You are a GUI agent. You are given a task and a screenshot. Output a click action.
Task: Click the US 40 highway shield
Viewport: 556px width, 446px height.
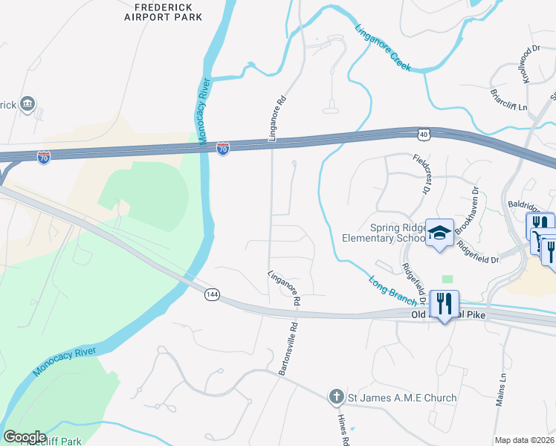click(x=423, y=134)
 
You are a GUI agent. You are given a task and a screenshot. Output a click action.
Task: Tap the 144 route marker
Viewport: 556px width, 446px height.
click(x=212, y=295)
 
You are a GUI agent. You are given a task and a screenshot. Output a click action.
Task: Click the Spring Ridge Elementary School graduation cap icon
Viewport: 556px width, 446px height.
click(x=439, y=233)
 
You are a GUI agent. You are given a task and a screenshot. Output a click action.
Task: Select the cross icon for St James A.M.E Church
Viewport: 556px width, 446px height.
click(x=336, y=397)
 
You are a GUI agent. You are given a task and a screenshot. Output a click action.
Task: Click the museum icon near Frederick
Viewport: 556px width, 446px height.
click(x=28, y=103)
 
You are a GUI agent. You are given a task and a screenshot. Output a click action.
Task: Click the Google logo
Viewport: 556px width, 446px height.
click(x=25, y=437)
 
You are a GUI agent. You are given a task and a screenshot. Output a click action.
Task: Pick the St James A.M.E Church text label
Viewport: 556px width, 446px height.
click(x=402, y=398)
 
